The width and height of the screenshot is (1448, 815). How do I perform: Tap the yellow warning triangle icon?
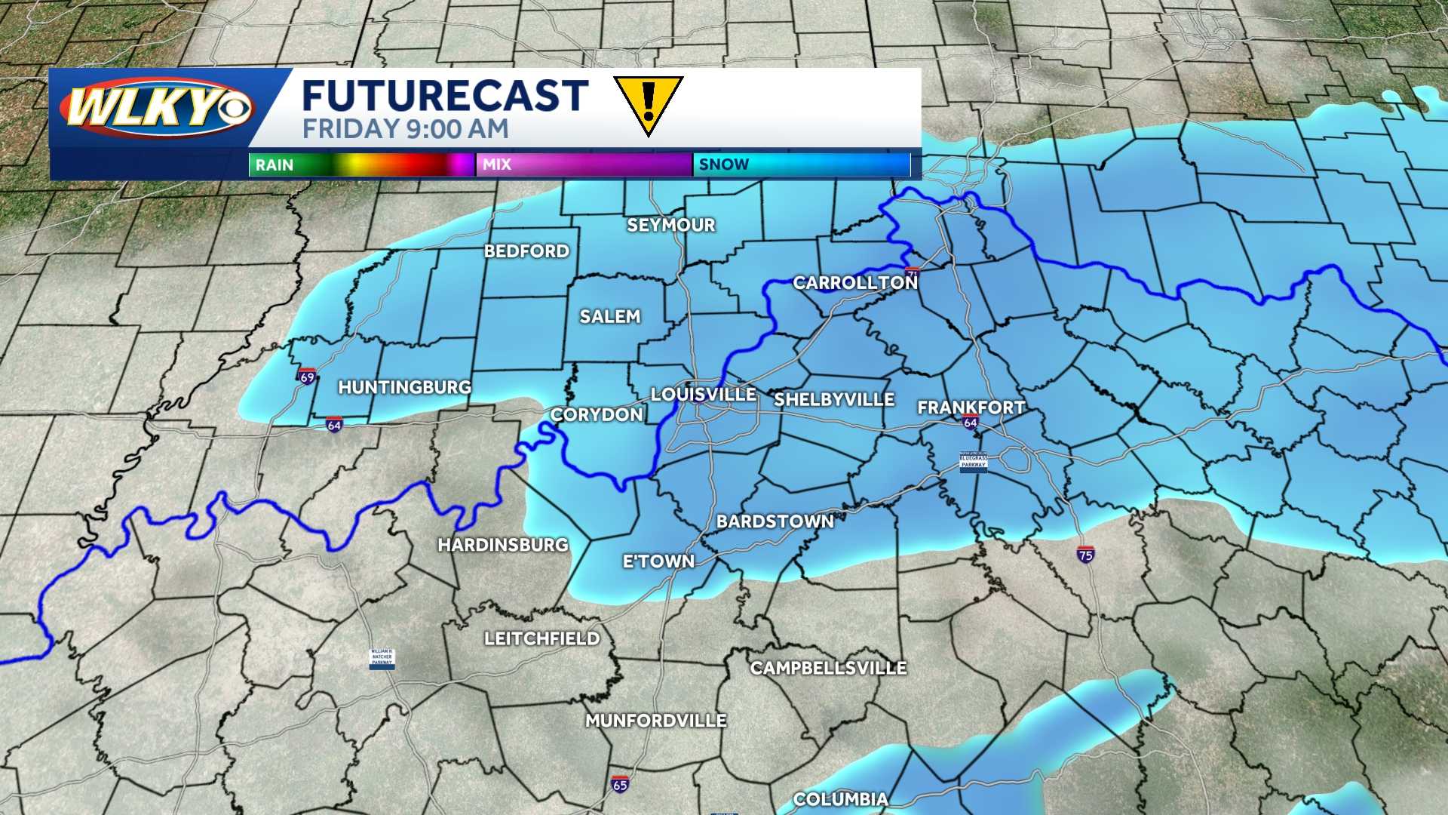pyautogui.click(x=648, y=104)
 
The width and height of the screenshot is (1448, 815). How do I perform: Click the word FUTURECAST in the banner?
pyautogui.click(x=445, y=96)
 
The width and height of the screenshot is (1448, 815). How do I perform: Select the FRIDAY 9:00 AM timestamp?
pyautogui.click(x=406, y=129)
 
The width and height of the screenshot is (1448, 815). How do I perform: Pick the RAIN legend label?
pyautogui.click(x=275, y=165)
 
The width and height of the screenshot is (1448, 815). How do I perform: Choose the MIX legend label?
pyautogui.click(x=497, y=165)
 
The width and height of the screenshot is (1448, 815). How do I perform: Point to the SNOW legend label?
pyautogui.click(x=724, y=165)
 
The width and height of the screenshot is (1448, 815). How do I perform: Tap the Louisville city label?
pyautogui.click(x=703, y=395)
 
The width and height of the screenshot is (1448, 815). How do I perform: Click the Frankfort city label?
pyautogui.click(x=971, y=407)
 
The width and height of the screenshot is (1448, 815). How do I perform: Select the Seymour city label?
pyautogui.click(x=671, y=225)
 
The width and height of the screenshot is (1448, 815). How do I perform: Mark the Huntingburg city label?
pyautogui.click(x=404, y=387)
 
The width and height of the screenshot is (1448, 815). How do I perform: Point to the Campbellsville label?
pyautogui.click(x=828, y=668)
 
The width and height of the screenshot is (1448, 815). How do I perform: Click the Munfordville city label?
pyautogui.click(x=656, y=721)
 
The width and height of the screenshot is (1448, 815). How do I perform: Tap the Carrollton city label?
pyautogui.click(x=855, y=283)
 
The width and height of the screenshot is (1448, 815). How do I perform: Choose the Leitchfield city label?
pyautogui.click(x=542, y=639)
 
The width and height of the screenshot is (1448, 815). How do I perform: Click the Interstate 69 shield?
pyautogui.click(x=307, y=376)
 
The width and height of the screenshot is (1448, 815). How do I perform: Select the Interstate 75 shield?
pyautogui.click(x=1085, y=554)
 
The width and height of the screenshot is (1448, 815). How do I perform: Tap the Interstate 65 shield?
pyautogui.click(x=620, y=784)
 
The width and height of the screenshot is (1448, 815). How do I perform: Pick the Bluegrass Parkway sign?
pyautogui.click(x=973, y=461)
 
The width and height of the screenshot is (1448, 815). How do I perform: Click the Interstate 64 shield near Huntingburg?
pyautogui.click(x=334, y=425)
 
